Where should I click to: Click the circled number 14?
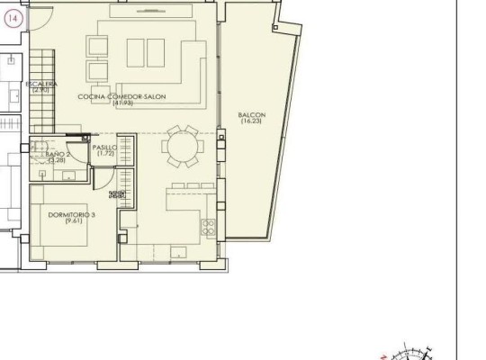tap(12, 24)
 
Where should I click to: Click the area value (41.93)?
tap(123, 103)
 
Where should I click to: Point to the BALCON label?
tap(251, 114)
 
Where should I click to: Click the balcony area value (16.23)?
tap(251, 121)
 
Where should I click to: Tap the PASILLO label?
tap(104, 148)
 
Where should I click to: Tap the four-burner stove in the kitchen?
tap(208, 225)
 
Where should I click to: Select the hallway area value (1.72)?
tap(104, 154)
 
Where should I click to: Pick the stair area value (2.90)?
tap(40, 90)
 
